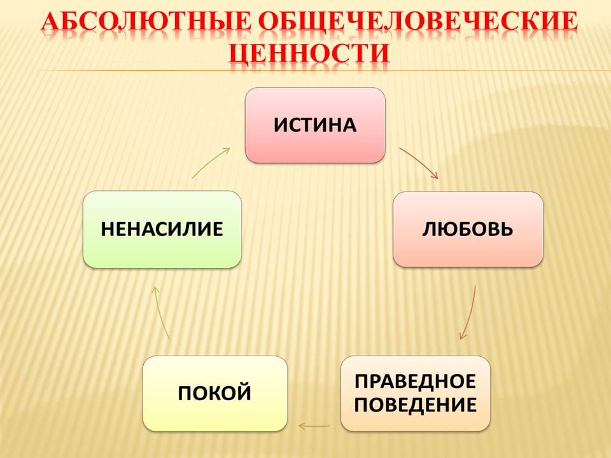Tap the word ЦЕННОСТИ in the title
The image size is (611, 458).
coord(309,52)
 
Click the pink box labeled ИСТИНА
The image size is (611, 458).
coord(315,125)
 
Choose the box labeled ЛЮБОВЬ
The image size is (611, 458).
coord(468,230)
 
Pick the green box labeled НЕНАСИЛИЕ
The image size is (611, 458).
coord(162,230)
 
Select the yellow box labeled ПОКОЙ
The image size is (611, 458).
coord(215,393)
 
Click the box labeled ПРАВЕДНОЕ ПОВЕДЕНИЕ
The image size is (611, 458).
coord(416,393)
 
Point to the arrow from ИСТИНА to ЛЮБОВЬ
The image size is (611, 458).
coord(421,161)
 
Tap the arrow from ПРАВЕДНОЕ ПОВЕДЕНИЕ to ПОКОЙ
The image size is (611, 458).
coord(314,426)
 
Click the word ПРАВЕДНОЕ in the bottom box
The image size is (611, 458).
coord(415,381)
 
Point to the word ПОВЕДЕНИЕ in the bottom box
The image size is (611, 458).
coord(416,405)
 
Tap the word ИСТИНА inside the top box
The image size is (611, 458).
coord(315,125)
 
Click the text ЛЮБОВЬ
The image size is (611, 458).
coord(468,229)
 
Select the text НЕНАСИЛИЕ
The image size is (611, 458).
coord(162,229)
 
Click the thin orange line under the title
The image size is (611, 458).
coord(323,71)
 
